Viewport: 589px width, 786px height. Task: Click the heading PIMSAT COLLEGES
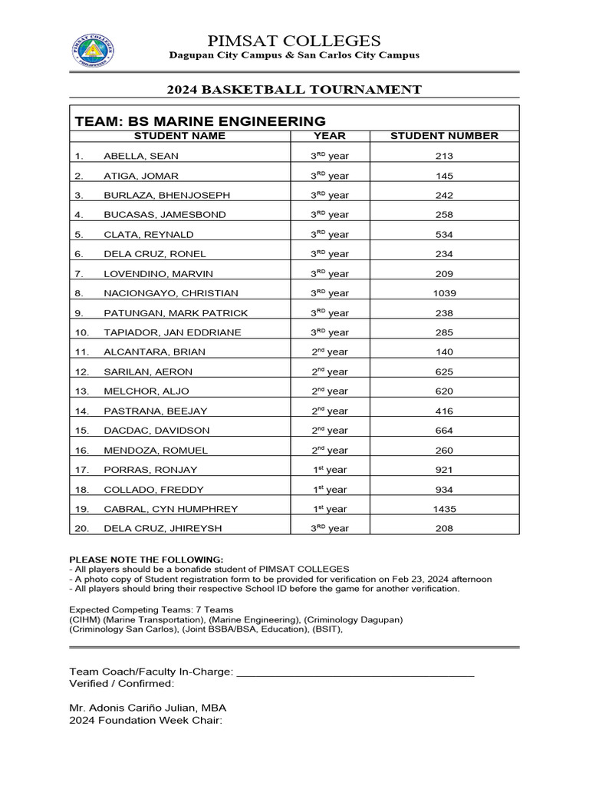click(294, 41)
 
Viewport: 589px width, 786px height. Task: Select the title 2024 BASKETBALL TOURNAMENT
click(294, 89)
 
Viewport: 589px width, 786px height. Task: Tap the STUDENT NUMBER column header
click(444, 136)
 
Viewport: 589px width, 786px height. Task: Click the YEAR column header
click(330, 136)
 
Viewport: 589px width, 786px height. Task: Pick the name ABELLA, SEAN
click(141, 156)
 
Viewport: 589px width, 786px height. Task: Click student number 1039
click(444, 293)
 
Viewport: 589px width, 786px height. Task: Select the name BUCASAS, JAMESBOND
click(154, 215)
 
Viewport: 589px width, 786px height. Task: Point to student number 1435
click(444, 509)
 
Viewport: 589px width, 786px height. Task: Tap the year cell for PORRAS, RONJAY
click(329, 470)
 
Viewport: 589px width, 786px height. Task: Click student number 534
click(444, 235)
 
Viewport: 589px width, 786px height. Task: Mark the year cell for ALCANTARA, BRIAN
click(329, 352)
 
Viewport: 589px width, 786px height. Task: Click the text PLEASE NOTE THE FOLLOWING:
click(146, 560)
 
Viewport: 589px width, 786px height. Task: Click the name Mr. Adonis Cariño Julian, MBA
click(147, 708)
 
